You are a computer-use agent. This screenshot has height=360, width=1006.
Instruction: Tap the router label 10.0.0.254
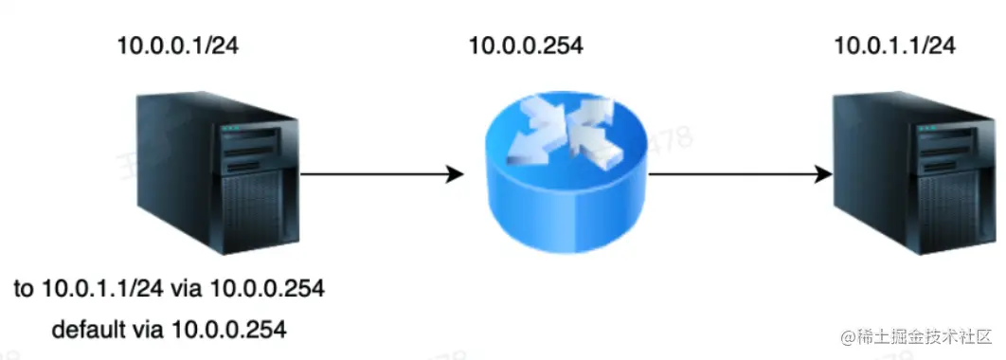click(x=526, y=45)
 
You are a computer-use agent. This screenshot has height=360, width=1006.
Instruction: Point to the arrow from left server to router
click(x=379, y=174)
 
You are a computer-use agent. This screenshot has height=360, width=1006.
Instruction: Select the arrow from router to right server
click(x=729, y=174)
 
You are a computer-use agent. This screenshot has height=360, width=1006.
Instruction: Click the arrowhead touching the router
click(x=454, y=174)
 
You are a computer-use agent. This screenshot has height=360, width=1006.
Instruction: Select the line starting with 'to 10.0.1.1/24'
click(x=169, y=289)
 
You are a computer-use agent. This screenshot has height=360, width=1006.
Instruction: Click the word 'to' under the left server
click(x=24, y=289)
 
